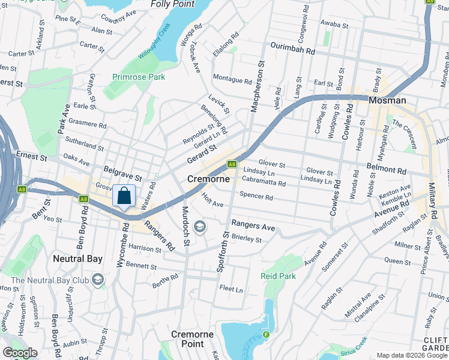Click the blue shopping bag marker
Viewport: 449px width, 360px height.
(x=124, y=196)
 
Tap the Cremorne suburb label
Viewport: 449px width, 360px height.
(x=209, y=179)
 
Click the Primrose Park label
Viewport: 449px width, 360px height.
(x=138, y=77)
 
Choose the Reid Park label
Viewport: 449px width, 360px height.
(x=278, y=276)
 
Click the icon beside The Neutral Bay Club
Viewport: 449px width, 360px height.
(x=97, y=280)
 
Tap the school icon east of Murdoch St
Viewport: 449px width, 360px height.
(x=200, y=227)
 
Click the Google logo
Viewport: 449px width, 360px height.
(x=20, y=352)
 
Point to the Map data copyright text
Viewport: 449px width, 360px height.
(x=412, y=355)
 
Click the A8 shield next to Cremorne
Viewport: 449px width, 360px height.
(x=232, y=163)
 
